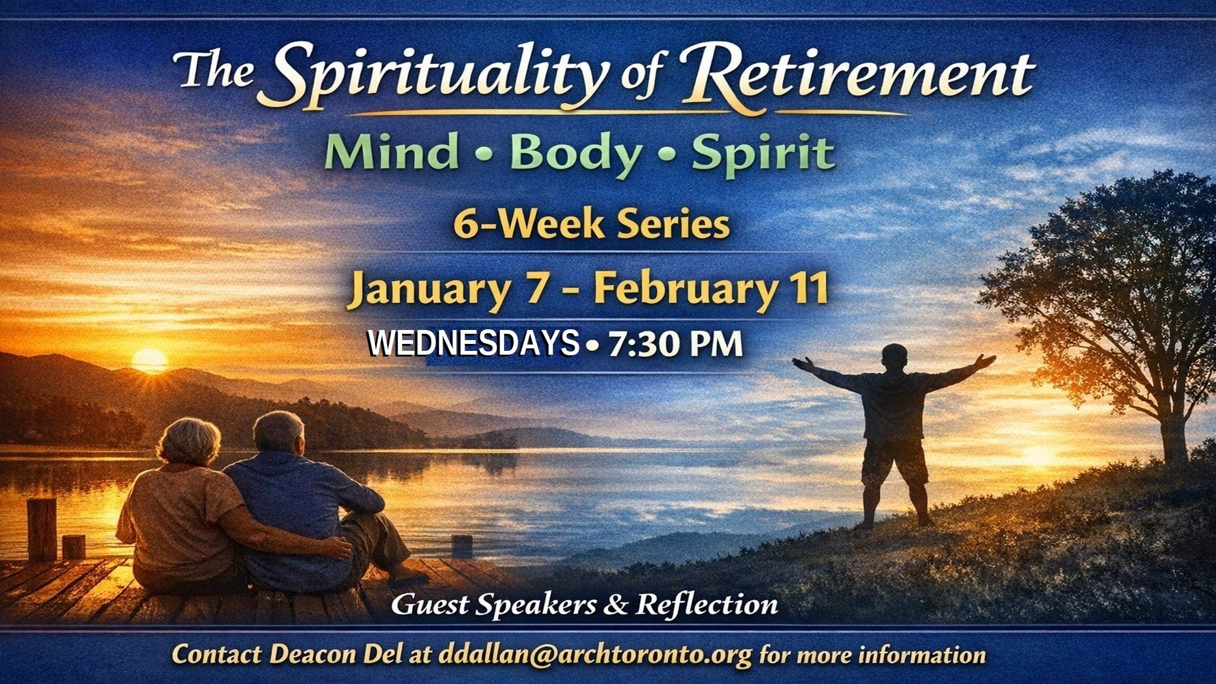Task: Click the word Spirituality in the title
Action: (437, 76)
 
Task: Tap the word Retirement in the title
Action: (858, 76)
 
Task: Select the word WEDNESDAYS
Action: (474, 344)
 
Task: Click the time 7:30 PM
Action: (675, 344)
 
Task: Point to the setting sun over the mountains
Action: (149, 360)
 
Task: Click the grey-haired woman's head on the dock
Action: (189, 441)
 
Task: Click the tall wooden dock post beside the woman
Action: (42, 529)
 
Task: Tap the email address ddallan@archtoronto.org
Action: (595, 654)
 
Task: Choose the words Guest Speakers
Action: (493, 604)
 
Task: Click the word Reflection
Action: (707, 604)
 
